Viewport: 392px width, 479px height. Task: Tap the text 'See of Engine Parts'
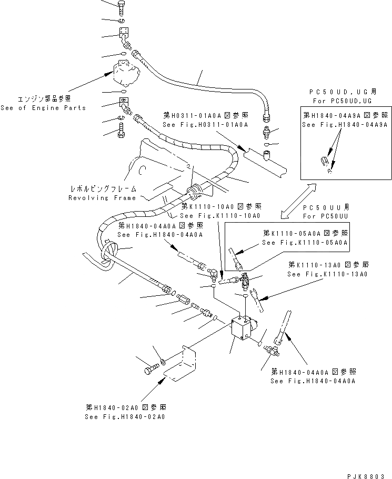click(x=43, y=108)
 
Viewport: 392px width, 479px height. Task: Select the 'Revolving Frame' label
click(x=102, y=198)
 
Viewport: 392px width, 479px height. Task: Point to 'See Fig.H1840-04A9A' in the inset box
click(x=345, y=125)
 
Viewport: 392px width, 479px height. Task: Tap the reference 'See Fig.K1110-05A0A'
click(x=305, y=242)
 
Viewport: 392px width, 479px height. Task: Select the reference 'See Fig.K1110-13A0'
click(x=327, y=274)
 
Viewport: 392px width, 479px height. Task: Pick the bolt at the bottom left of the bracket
click(x=149, y=371)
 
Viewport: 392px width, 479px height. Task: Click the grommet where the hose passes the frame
click(x=196, y=189)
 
